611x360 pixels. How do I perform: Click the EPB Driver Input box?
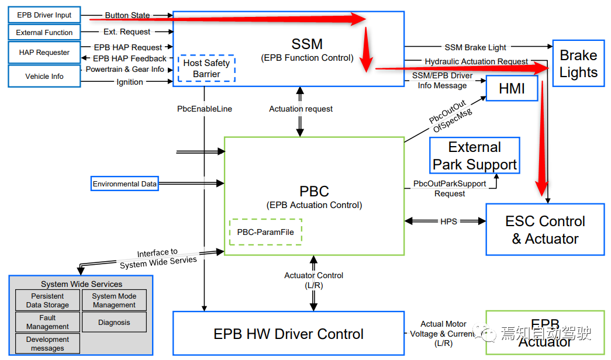[x=44, y=15]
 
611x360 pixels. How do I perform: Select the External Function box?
[x=44, y=33]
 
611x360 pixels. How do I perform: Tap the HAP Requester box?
[x=44, y=53]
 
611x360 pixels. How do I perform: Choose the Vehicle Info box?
[x=44, y=77]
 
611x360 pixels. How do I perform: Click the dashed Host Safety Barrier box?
[x=206, y=68]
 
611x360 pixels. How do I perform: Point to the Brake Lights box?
[x=578, y=64]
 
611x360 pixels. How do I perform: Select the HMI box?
[x=512, y=88]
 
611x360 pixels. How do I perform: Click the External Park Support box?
[x=474, y=155]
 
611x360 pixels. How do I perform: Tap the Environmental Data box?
[x=125, y=184]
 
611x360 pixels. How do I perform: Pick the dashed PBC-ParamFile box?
[x=265, y=231]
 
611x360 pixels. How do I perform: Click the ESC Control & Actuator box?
[x=545, y=230]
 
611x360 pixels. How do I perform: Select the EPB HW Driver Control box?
[x=288, y=334]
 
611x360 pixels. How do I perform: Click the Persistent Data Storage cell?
[x=47, y=300]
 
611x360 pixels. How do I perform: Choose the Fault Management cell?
[x=47, y=322]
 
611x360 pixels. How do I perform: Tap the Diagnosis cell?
[x=114, y=322]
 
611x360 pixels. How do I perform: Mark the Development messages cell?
[x=47, y=344]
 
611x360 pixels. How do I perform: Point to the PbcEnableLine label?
[x=205, y=109]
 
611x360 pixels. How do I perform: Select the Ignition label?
[x=130, y=82]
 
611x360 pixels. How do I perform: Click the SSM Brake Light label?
[x=475, y=47]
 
